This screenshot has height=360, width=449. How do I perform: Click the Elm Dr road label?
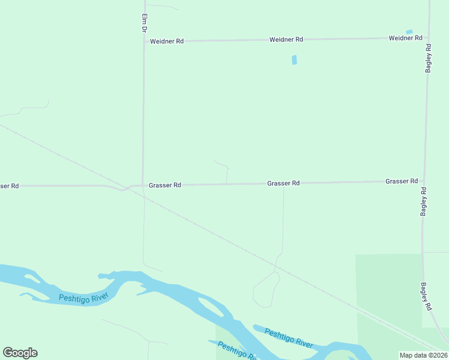click(x=144, y=22)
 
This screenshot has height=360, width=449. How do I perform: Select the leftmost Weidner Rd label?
click(x=166, y=41)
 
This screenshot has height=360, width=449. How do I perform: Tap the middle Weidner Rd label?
click(x=286, y=40)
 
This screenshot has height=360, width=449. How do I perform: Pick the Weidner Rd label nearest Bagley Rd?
click(x=405, y=38)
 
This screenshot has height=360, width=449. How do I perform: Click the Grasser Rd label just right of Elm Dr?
click(x=164, y=185)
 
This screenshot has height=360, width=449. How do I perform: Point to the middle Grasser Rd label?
click(x=283, y=183)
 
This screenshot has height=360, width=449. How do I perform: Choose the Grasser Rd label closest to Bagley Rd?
click(x=402, y=181)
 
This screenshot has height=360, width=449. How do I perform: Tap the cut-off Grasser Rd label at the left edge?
click(x=10, y=186)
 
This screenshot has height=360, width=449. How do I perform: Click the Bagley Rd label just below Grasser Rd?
click(x=424, y=202)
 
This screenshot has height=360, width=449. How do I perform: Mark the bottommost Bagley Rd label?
click(x=426, y=296)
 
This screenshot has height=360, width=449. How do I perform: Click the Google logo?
click(x=20, y=353)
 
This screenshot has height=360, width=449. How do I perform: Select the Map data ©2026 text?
click(x=423, y=355)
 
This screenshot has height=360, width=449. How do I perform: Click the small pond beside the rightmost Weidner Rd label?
click(x=409, y=31)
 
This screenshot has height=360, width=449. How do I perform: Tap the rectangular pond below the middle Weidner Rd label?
click(x=294, y=60)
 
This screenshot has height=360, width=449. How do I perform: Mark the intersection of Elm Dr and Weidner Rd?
click(x=144, y=41)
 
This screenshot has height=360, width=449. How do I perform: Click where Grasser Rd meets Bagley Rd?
click(x=424, y=181)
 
